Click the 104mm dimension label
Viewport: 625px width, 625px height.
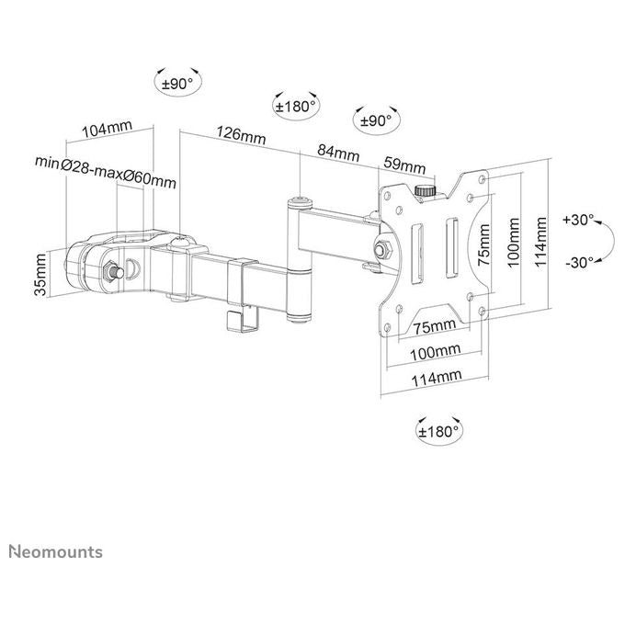click(107, 129)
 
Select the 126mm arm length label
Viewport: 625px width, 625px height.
click(241, 135)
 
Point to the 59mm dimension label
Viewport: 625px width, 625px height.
click(404, 165)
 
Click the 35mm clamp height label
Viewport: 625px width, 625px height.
click(40, 275)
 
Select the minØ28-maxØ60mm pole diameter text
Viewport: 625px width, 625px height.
click(106, 171)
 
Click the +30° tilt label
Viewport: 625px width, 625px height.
click(578, 220)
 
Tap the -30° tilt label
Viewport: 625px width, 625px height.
click(580, 262)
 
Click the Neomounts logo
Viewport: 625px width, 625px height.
click(56, 551)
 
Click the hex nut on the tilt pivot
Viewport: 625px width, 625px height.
click(383, 249)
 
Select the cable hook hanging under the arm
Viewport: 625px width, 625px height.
click(243, 319)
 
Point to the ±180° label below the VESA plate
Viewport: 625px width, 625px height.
click(438, 431)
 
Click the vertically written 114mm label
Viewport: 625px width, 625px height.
click(540, 242)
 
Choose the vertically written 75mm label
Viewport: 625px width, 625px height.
click(483, 244)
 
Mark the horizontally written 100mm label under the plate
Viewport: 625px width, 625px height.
click(436, 352)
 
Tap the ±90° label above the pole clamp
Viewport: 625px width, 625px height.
click(177, 84)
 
